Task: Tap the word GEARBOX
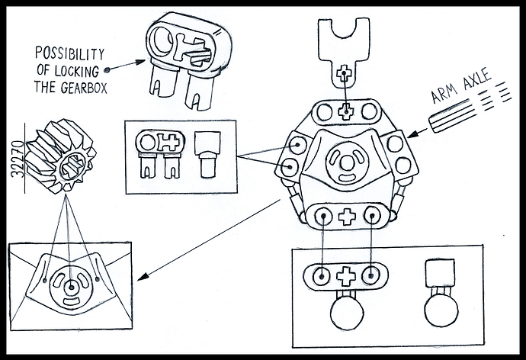[82, 87]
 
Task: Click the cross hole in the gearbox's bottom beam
[348, 216]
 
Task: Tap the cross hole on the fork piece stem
[344, 76]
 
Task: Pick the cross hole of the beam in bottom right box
[347, 275]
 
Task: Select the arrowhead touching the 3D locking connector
[139, 61]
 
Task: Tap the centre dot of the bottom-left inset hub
[70, 286]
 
